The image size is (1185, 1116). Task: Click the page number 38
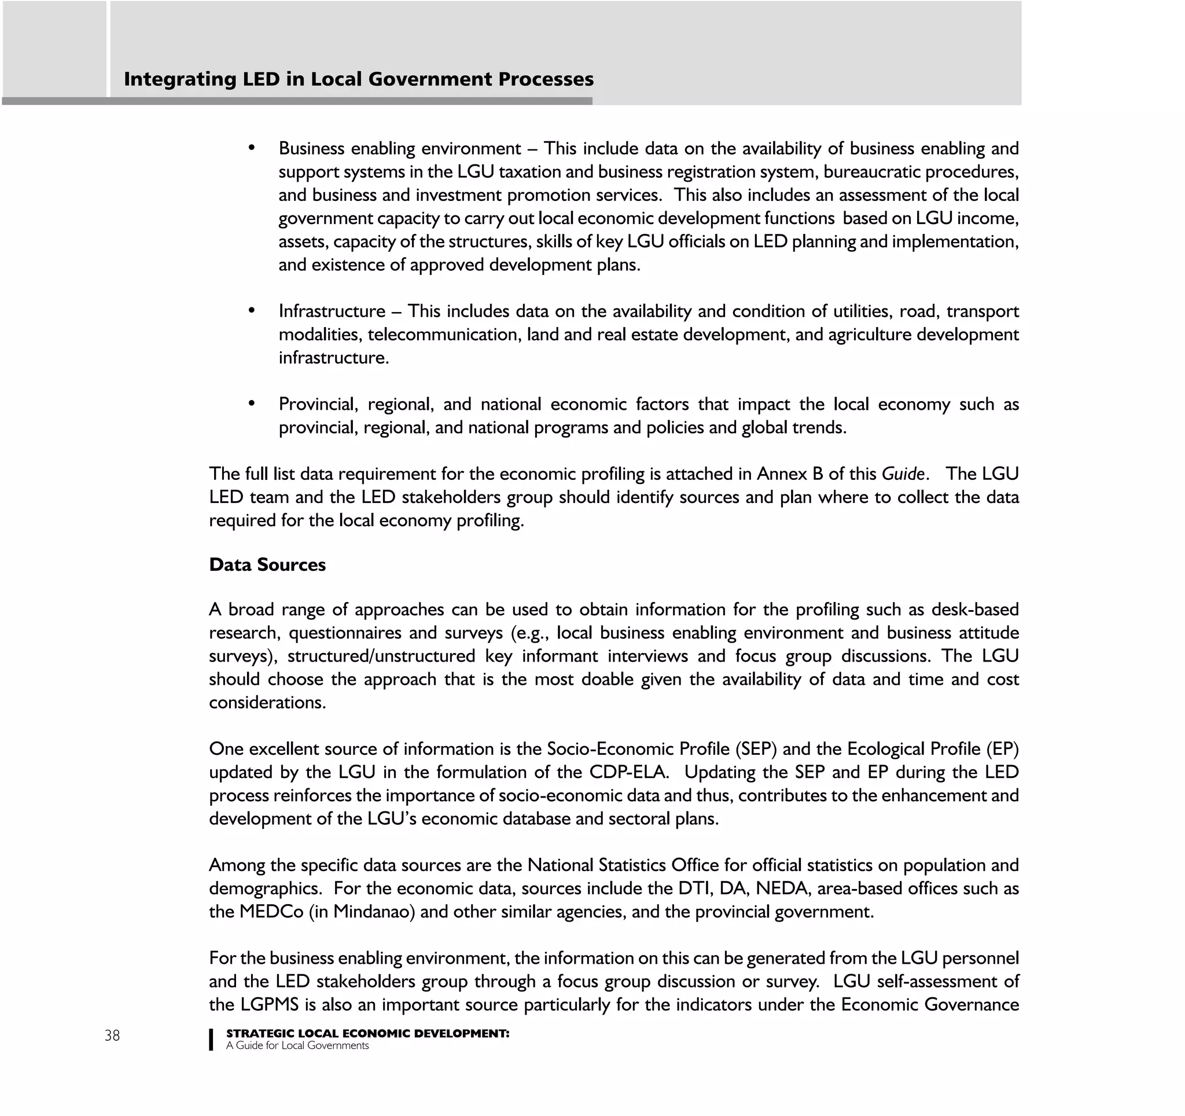112,1036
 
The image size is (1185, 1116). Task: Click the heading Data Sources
267,564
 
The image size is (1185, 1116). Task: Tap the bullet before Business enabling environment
252,147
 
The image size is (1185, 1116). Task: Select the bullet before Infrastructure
252,310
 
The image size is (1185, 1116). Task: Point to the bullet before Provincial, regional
252,403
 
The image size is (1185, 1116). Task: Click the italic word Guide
903,474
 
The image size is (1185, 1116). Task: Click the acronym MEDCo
271,912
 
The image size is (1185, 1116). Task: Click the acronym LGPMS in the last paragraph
270,1004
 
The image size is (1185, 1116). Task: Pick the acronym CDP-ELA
627,772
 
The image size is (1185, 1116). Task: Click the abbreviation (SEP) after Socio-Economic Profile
756,749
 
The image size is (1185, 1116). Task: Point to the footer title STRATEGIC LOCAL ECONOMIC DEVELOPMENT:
367,1033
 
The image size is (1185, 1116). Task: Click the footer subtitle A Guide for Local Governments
297,1045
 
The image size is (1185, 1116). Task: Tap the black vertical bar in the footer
211,1039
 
